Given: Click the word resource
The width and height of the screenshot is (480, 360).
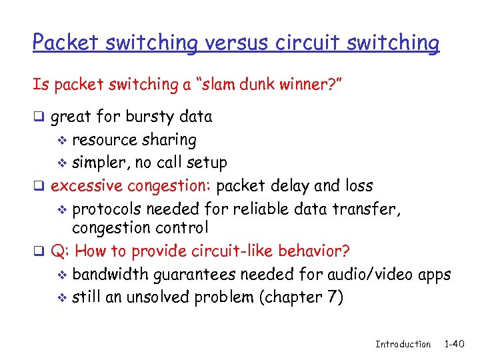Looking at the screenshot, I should coord(103,140).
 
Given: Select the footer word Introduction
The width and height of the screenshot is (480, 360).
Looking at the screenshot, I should coord(403,345).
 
